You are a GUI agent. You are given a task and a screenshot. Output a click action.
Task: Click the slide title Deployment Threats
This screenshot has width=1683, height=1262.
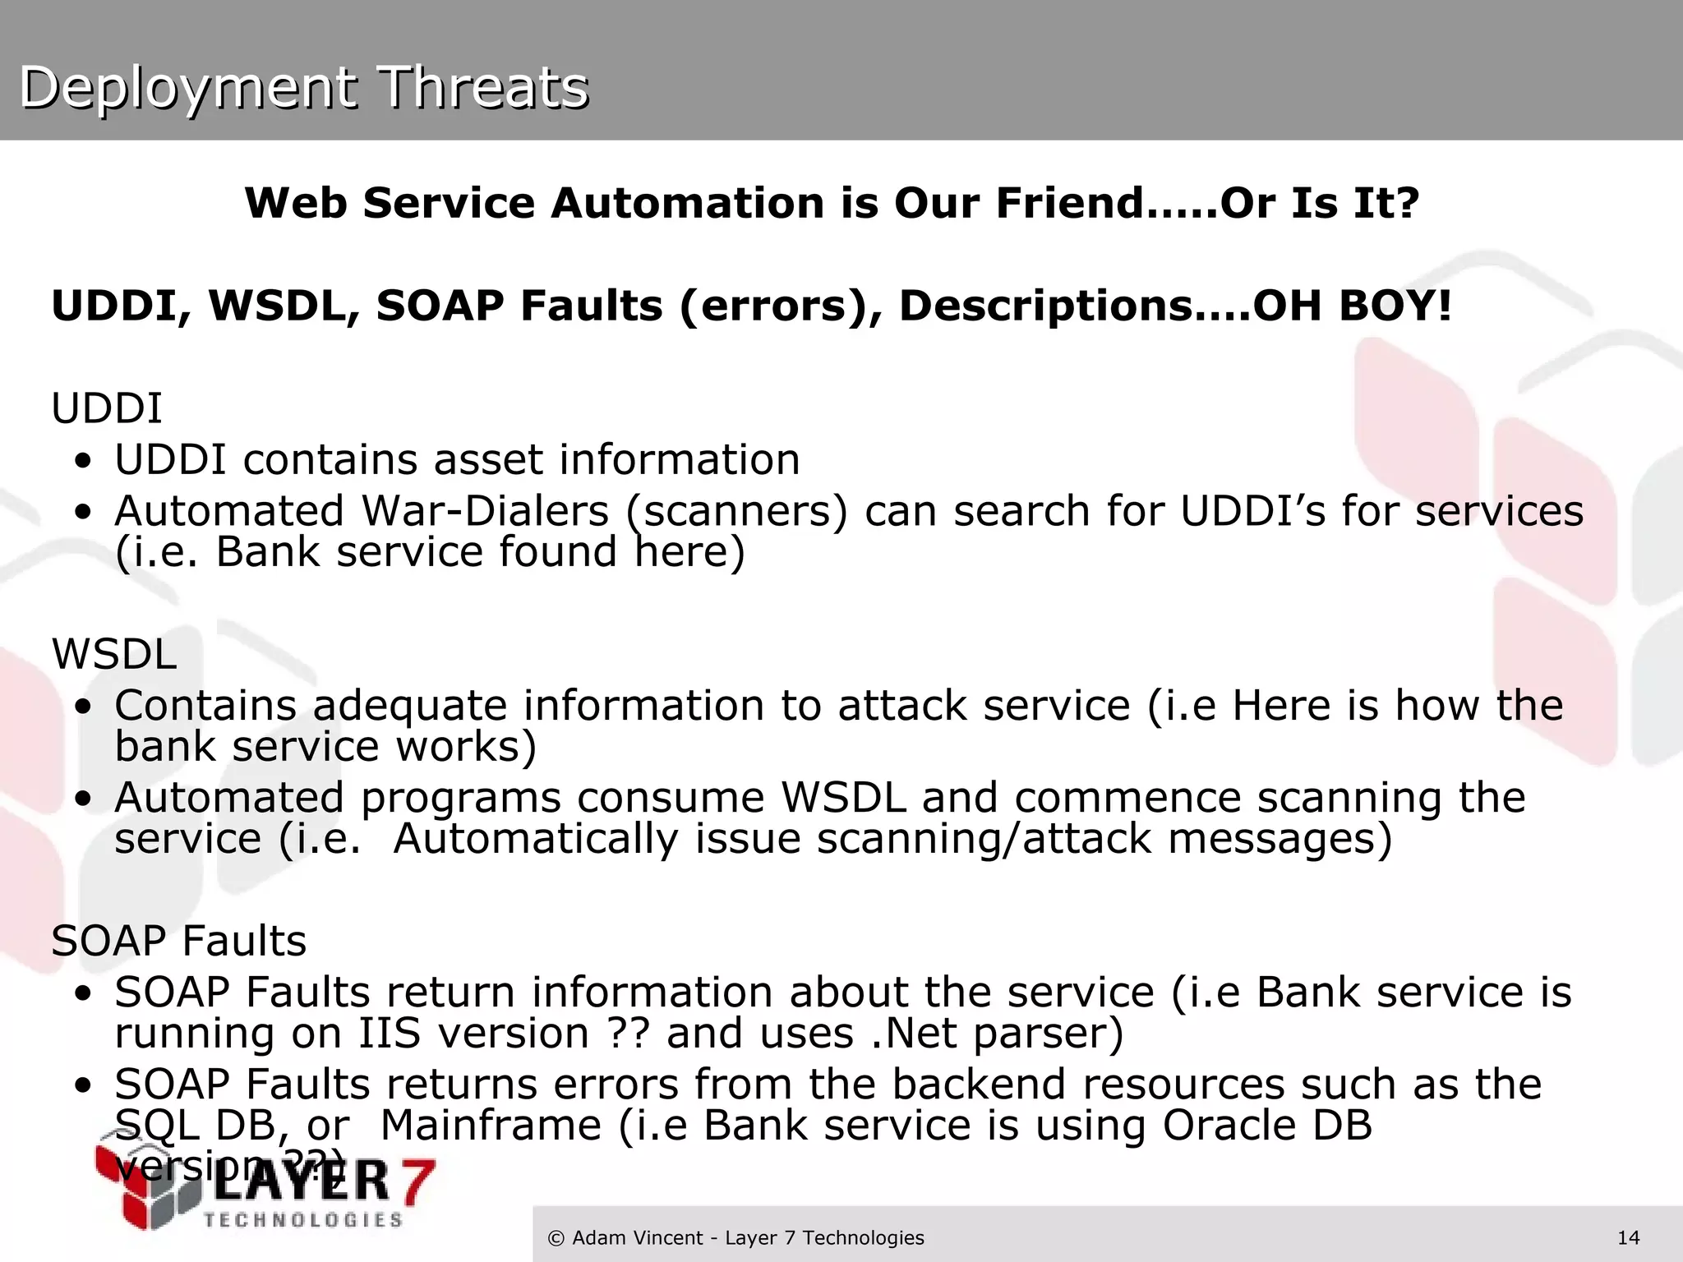tap(303, 87)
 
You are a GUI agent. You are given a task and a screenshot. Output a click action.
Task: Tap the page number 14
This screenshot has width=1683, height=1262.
tap(1628, 1237)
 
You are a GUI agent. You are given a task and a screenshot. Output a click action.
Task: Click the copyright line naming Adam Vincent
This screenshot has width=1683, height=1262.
tap(735, 1237)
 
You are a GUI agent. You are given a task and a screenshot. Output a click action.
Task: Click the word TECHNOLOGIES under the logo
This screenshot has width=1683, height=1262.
tap(303, 1220)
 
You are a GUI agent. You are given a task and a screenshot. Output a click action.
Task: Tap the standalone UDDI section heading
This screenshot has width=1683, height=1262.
tap(107, 408)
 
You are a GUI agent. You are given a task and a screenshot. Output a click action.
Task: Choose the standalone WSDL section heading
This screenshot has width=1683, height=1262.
tap(113, 654)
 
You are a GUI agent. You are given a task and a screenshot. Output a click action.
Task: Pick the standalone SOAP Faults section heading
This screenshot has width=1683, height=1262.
tap(178, 941)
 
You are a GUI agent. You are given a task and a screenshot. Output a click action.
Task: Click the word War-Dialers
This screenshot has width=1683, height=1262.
tap(485, 510)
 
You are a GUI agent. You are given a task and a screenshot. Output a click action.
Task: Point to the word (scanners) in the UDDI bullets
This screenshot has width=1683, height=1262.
tap(736, 512)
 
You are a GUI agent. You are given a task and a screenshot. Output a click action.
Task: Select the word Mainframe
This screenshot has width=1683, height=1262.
tap(491, 1125)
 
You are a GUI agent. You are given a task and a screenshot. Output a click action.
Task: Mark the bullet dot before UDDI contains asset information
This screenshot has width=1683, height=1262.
tap(82, 462)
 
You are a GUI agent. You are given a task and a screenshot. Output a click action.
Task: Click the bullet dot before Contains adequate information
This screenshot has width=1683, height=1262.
tap(82, 707)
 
